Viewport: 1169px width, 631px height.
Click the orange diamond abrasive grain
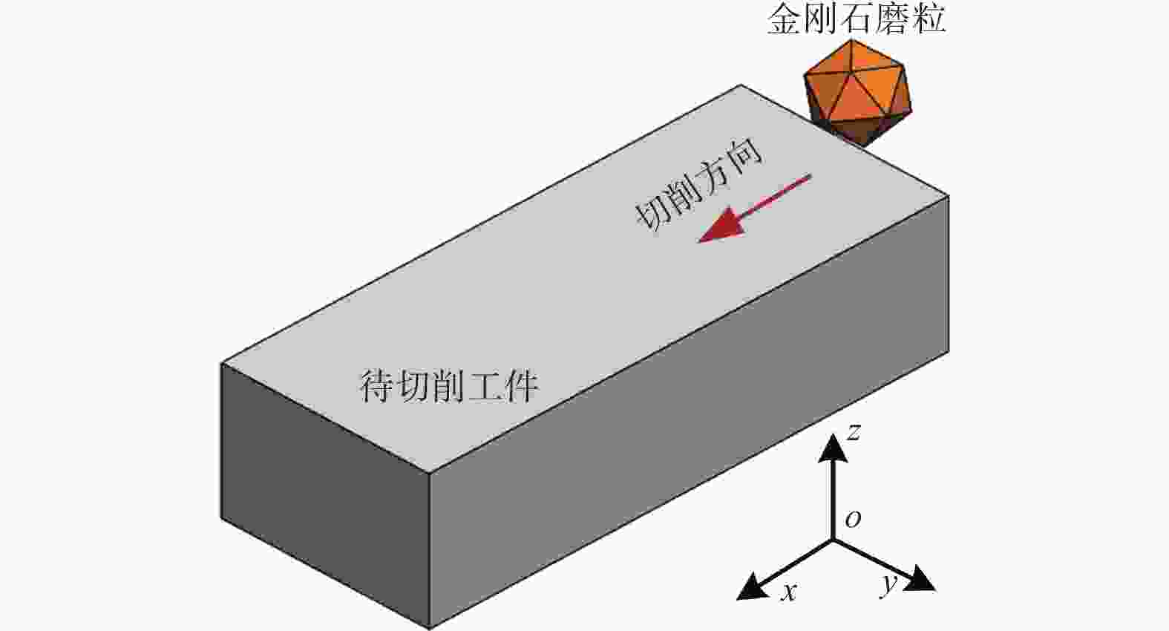click(857, 93)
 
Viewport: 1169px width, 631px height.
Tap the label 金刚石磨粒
click(856, 19)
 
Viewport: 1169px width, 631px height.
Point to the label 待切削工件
click(449, 387)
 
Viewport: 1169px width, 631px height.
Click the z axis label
click(853, 432)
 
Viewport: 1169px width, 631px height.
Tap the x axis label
click(788, 592)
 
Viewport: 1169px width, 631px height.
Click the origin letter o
click(853, 519)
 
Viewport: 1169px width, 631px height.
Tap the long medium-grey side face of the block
click(689, 412)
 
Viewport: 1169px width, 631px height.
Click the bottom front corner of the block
click(430, 628)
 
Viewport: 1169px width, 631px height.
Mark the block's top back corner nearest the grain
click(741, 85)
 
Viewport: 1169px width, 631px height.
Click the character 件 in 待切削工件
click(522, 387)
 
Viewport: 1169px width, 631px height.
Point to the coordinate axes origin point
click(832, 540)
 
